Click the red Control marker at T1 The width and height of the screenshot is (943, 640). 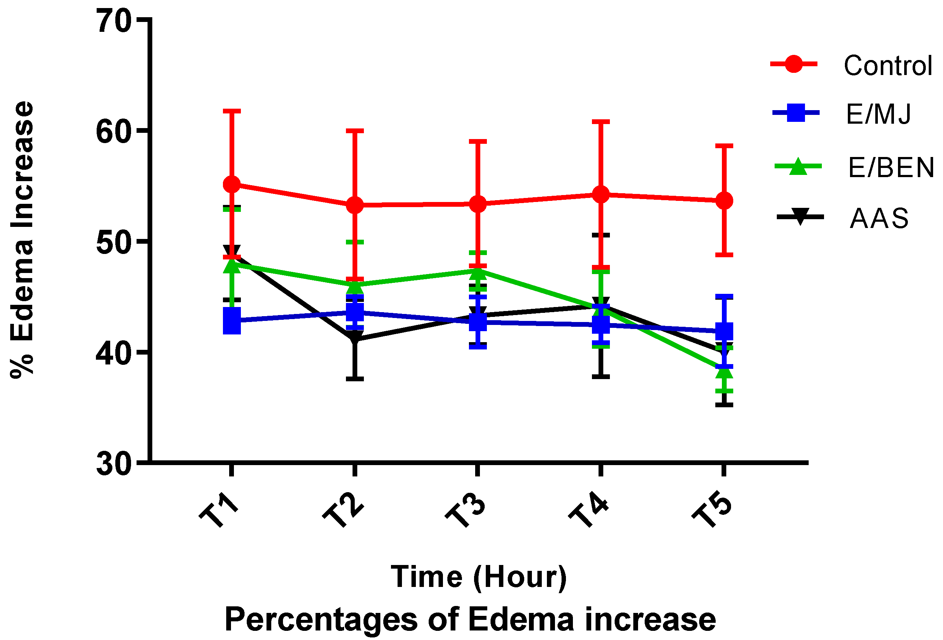click(x=232, y=184)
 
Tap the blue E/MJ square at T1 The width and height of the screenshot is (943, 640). click(x=232, y=321)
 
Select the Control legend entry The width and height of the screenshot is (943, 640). click(x=887, y=66)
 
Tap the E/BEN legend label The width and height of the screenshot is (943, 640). click(x=891, y=168)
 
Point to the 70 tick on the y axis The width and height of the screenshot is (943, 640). click(x=114, y=21)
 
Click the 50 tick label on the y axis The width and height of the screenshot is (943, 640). click(x=114, y=242)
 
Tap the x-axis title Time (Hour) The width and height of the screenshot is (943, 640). click(x=479, y=576)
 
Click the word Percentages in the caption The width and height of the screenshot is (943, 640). click(x=321, y=619)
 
